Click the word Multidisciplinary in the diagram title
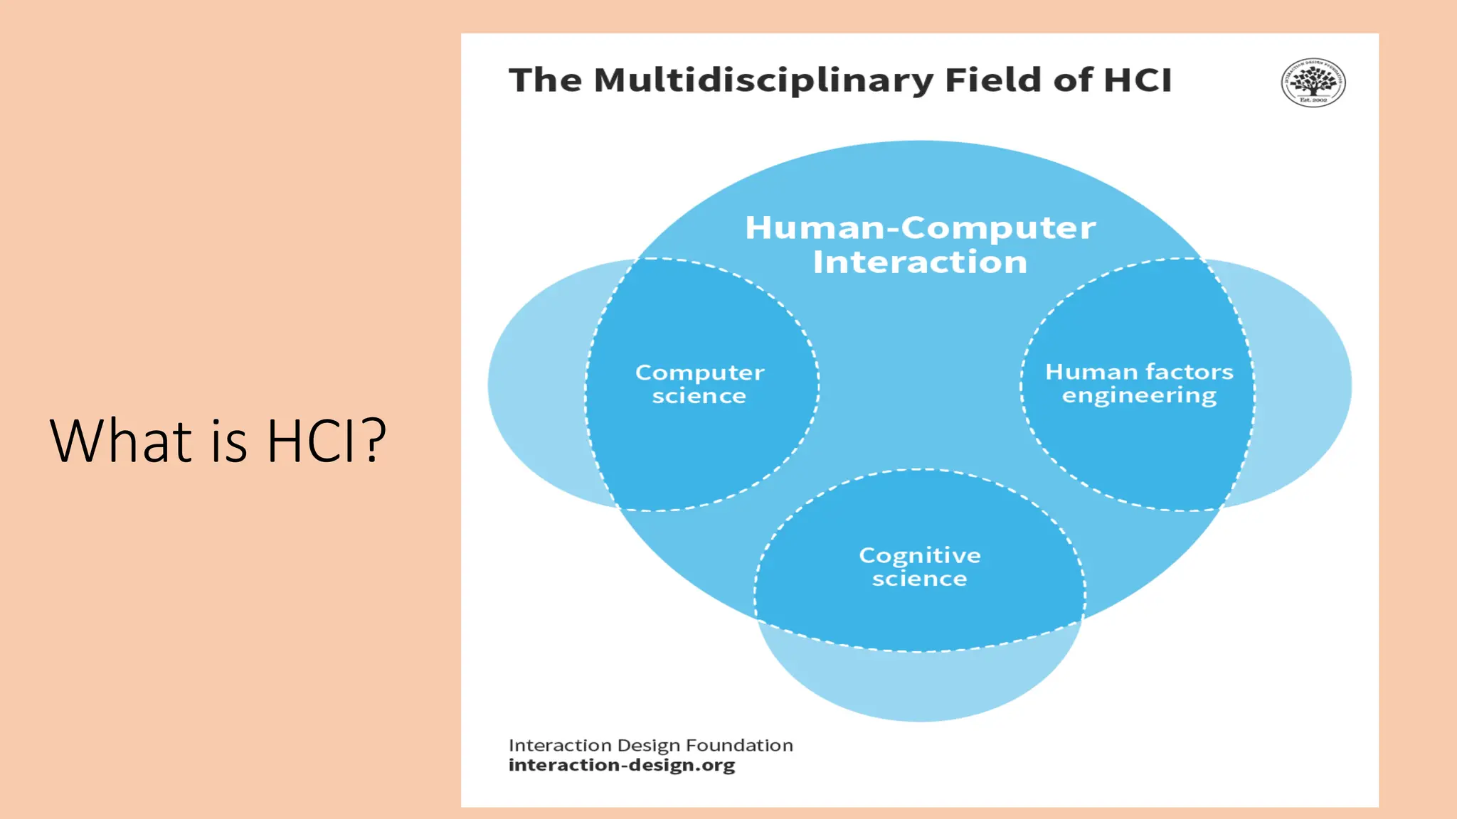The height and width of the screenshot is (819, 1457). click(x=763, y=80)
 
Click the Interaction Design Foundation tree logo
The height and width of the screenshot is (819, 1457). click(x=1313, y=82)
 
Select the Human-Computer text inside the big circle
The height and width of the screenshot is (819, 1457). click(x=920, y=228)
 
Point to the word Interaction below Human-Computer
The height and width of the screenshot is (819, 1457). click(x=920, y=262)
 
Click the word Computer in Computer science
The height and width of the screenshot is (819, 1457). click(x=700, y=373)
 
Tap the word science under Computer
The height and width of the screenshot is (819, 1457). click(x=699, y=396)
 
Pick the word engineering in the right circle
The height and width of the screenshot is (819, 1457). click(x=1139, y=396)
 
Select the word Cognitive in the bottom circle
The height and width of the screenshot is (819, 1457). click(x=920, y=555)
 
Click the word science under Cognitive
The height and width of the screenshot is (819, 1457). click(x=919, y=579)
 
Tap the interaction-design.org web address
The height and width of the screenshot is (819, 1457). click(x=622, y=766)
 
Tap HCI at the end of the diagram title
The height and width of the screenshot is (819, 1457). click(x=1137, y=80)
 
